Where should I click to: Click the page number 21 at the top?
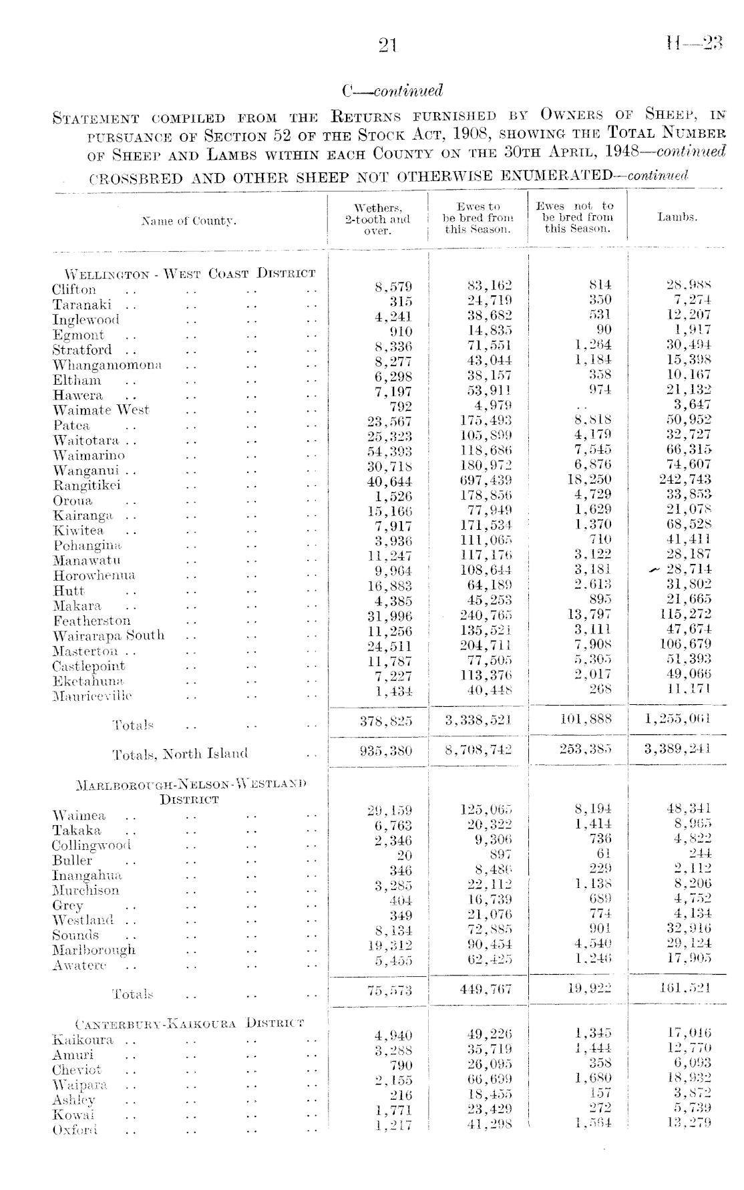point(387,45)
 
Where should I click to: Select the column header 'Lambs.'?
point(677,217)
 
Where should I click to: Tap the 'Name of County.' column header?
point(189,220)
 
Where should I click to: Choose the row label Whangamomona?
point(108,365)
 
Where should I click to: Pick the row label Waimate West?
point(101,410)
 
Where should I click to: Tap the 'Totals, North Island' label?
point(180,754)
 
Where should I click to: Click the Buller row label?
point(72,861)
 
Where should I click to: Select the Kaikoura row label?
point(83,1040)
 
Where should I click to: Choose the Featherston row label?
point(92,621)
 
